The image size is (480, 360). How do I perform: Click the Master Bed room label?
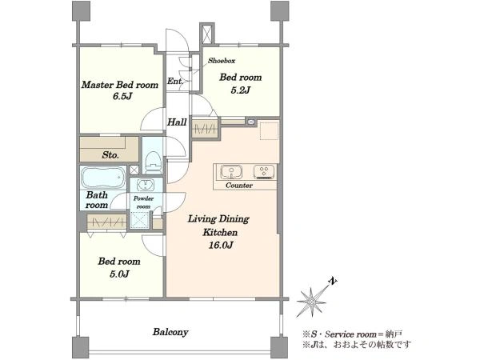point(120,85)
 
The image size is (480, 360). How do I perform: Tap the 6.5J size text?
point(122,97)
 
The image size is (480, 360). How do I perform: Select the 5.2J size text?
point(241,90)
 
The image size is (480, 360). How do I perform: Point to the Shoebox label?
point(222,61)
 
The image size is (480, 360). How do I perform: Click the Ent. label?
point(175,81)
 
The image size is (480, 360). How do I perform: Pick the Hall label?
point(177,122)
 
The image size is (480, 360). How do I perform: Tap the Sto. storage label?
point(110,155)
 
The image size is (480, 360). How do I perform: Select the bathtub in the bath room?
point(103,178)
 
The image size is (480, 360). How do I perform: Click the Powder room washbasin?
point(146,185)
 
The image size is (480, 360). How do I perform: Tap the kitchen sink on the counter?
point(231,172)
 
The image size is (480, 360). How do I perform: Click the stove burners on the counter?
point(264,172)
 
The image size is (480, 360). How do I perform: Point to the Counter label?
point(239,186)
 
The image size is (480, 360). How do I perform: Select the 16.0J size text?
point(221,245)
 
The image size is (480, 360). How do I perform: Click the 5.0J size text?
point(119,274)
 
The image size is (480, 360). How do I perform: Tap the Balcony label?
point(170,332)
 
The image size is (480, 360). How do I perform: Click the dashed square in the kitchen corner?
point(269,131)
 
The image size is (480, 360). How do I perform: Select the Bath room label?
point(97,200)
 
